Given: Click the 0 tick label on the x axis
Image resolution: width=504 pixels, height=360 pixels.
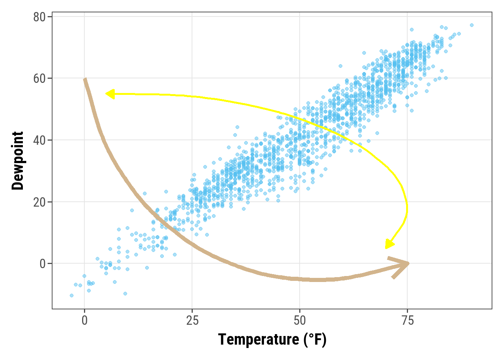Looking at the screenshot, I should tap(84, 321).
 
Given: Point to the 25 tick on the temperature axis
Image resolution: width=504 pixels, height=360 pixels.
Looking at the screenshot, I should tap(192, 321).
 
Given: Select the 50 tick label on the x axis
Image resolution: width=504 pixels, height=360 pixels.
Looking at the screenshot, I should tap(300, 321).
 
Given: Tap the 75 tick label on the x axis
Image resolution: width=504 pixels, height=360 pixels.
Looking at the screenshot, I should tap(407, 321).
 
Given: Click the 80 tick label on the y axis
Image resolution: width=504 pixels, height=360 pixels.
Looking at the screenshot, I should tap(39, 17).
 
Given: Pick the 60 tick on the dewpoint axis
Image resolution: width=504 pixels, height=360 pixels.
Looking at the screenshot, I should tap(39, 79).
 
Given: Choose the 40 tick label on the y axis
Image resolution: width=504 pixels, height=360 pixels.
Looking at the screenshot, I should tap(39, 140).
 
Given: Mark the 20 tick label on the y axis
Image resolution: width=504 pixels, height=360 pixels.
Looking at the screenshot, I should tap(39, 202).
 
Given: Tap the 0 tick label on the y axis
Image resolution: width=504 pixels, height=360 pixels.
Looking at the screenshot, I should tap(42, 264).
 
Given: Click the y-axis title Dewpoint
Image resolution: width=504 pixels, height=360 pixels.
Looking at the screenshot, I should tap(18, 160).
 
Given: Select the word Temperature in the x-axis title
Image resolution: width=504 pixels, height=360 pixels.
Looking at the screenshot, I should tap(258, 339).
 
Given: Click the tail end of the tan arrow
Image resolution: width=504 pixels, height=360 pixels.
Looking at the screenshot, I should tap(85, 79).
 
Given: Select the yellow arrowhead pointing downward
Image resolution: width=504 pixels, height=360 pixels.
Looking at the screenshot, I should tap(388, 245).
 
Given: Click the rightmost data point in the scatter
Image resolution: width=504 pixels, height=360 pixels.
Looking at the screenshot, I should tap(472, 25).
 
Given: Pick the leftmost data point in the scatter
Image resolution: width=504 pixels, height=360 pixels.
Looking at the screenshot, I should tap(72, 295).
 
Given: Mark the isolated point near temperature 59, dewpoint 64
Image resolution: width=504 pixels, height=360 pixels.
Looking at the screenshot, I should tap(340, 66).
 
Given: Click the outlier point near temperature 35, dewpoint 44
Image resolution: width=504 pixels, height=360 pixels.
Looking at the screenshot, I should tap(237, 127).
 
